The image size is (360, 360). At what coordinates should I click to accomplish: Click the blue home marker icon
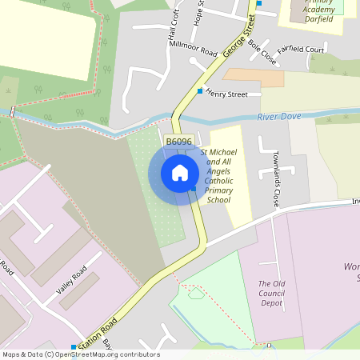(x=180, y=172)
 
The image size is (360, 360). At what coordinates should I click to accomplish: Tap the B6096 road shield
(x=178, y=142)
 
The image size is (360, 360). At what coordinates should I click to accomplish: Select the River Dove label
(x=279, y=117)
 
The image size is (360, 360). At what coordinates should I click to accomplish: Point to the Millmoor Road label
(x=193, y=48)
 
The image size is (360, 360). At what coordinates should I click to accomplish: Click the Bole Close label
(x=262, y=52)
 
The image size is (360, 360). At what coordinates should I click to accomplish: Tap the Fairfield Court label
(x=301, y=50)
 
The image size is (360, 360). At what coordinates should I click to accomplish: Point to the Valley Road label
(x=71, y=284)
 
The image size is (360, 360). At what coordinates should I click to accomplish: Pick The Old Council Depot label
(x=274, y=293)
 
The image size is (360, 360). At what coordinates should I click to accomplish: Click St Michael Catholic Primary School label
(x=218, y=175)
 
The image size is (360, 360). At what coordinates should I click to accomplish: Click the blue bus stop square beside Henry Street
(x=200, y=91)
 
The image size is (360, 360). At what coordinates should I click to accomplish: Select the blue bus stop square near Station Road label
(x=74, y=347)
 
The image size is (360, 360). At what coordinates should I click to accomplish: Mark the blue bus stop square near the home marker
(x=194, y=189)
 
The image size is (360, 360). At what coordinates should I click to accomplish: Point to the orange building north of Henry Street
(x=254, y=78)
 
